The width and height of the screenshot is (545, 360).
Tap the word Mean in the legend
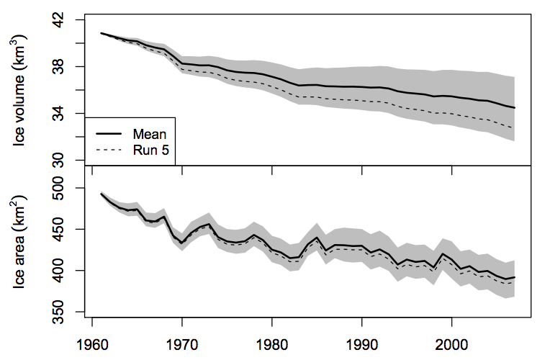150,133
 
